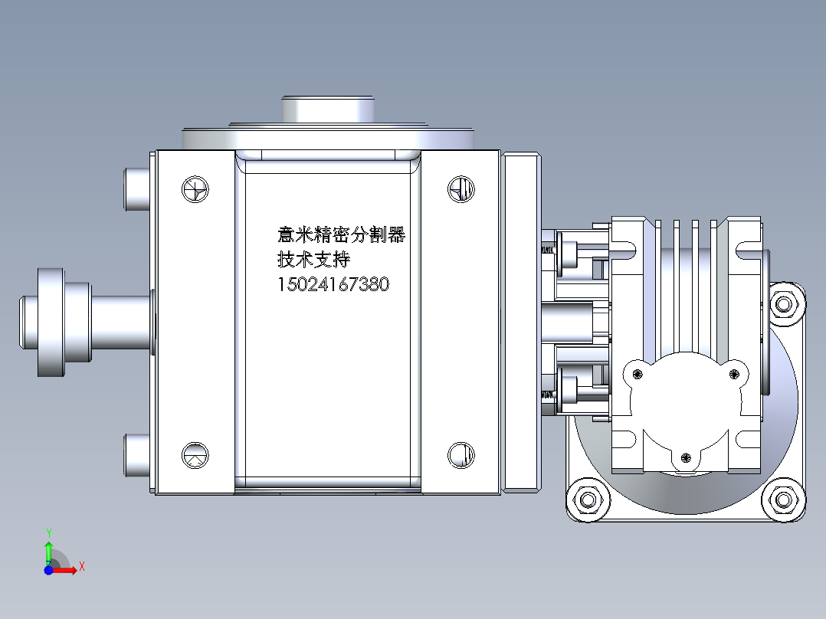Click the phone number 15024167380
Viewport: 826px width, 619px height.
(333, 284)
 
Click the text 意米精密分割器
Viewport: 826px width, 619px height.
(341, 234)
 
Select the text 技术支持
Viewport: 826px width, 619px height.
(313, 259)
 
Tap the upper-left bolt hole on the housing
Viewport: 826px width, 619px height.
(195, 189)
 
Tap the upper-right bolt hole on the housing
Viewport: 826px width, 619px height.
(461, 188)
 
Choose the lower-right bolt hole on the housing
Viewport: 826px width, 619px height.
(461, 454)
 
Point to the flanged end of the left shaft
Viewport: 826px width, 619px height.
(51, 322)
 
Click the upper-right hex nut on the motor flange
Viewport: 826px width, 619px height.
(784, 305)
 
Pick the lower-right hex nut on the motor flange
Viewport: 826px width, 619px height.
(784, 500)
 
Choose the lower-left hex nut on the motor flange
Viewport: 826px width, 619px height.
(588, 500)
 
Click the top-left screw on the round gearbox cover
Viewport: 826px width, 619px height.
(638, 374)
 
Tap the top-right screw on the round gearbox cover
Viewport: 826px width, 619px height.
(734, 374)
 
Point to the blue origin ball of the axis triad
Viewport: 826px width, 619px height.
(48, 570)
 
